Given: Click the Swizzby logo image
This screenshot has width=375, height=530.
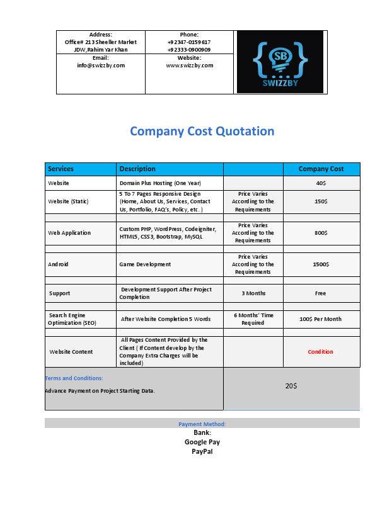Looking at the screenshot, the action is click(280, 62).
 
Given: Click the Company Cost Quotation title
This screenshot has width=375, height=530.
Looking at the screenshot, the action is click(202, 132).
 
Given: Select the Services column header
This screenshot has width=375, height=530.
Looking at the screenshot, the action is click(61, 169).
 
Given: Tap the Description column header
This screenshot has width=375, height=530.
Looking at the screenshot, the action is click(137, 169).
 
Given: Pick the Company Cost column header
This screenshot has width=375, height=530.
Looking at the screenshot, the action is click(321, 169).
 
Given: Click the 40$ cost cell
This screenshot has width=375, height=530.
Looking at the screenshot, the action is click(321, 183).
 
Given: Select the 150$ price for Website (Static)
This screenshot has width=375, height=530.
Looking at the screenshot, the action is click(321, 201).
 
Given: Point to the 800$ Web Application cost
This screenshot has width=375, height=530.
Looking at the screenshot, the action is click(321, 233).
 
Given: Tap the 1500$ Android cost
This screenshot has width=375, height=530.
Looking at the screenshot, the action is click(321, 264).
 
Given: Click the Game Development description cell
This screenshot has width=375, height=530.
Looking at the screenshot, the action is click(145, 264).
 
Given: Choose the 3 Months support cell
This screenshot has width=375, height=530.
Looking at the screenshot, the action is click(253, 293).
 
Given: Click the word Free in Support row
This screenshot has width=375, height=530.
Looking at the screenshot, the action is click(321, 293).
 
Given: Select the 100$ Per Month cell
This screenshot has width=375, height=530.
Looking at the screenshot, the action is click(321, 319).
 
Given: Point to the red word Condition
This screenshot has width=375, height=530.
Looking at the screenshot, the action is click(321, 352).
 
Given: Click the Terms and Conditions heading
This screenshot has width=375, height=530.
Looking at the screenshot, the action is click(74, 378).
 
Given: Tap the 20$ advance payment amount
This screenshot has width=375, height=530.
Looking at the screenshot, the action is click(291, 386).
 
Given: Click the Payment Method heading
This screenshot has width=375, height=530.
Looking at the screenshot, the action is click(202, 424).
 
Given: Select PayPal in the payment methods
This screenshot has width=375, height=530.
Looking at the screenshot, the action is click(202, 451).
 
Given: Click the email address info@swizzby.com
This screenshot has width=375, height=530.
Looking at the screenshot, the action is click(101, 65).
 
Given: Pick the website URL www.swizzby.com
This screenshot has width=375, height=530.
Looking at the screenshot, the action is click(190, 65).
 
